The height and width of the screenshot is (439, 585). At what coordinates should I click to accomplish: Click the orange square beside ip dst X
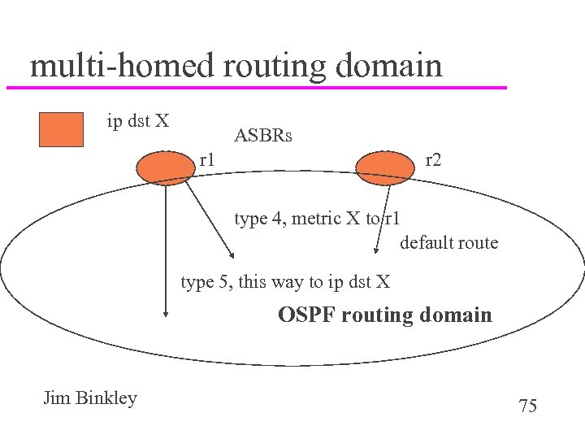click(x=62, y=129)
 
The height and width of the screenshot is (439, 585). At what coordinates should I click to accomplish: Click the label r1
click(x=207, y=160)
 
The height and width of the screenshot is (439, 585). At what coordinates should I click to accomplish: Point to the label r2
click(x=433, y=160)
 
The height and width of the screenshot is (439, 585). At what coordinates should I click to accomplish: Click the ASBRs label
click(x=262, y=136)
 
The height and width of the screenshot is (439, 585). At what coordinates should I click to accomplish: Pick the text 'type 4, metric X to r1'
click(x=317, y=218)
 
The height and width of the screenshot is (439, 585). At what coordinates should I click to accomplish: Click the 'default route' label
click(x=448, y=242)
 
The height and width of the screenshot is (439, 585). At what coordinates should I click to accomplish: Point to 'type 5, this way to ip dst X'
click(x=285, y=282)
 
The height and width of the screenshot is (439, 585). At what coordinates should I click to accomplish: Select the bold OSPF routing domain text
click(x=384, y=315)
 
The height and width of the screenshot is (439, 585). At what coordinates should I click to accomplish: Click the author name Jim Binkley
click(x=90, y=398)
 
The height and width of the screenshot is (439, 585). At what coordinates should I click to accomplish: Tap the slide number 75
click(x=527, y=406)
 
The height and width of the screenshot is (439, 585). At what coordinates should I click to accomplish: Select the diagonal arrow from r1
click(x=206, y=219)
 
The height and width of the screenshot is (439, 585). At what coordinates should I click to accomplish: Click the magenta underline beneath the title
click(x=256, y=87)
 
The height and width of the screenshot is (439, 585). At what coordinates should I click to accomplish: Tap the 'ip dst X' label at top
click(x=138, y=121)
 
